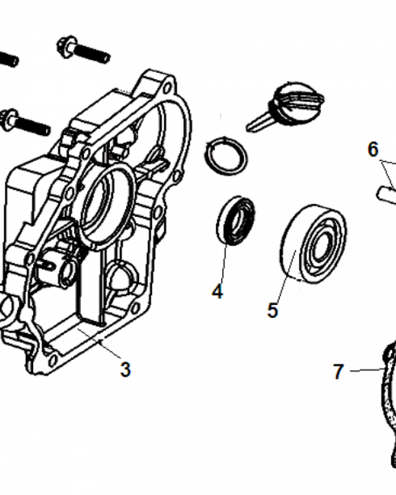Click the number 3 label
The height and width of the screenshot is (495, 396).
(x=125, y=369)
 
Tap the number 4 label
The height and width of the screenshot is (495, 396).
(x=217, y=291)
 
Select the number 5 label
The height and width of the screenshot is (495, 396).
(x=273, y=310)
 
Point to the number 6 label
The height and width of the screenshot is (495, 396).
(x=373, y=149)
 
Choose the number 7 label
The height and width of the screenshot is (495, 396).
(x=338, y=371)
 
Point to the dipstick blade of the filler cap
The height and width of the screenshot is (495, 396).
(x=257, y=122)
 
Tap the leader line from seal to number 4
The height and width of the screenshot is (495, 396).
(x=222, y=262)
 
